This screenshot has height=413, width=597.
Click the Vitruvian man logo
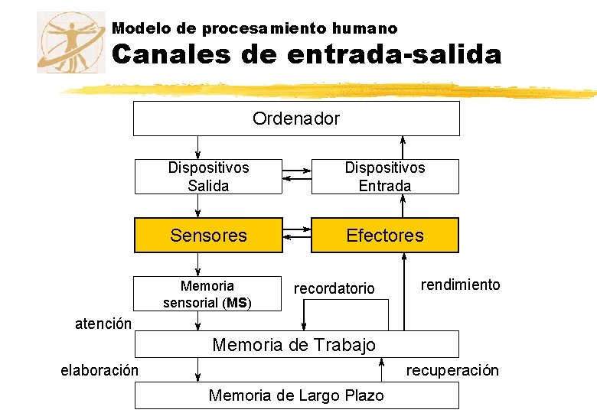pyautogui.click(x=71, y=42)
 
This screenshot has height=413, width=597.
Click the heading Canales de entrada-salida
pyautogui.click(x=306, y=54)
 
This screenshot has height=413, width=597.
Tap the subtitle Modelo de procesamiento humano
pyautogui.click(x=254, y=28)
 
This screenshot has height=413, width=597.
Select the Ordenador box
pyautogui.click(x=296, y=119)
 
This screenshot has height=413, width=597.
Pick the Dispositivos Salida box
pyautogui.click(x=208, y=177)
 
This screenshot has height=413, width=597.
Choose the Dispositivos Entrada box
pyautogui.click(x=384, y=177)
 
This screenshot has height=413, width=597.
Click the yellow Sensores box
pyautogui.click(x=208, y=236)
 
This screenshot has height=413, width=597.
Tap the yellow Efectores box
pyautogui.click(x=384, y=236)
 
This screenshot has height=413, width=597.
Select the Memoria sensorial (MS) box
pyautogui.click(x=207, y=294)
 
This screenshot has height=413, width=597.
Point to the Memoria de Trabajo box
pyautogui.click(x=296, y=344)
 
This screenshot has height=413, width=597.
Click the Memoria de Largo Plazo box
pyautogui.click(x=296, y=395)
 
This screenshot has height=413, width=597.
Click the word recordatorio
pyautogui.click(x=334, y=288)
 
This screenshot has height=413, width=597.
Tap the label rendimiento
pyautogui.click(x=460, y=285)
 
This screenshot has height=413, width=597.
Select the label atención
pyautogui.click(x=103, y=324)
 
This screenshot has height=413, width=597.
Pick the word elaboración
pyautogui.click(x=99, y=371)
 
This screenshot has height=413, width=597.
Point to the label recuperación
pyautogui.click(x=452, y=371)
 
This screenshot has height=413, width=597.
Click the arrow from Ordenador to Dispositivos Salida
pyautogui.click(x=198, y=147)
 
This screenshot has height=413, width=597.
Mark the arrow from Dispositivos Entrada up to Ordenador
pyautogui.click(x=405, y=147)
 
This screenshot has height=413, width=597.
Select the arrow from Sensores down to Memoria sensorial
pyautogui.click(x=198, y=264)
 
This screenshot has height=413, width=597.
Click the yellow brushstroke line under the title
pyautogui.click(x=329, y=90)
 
